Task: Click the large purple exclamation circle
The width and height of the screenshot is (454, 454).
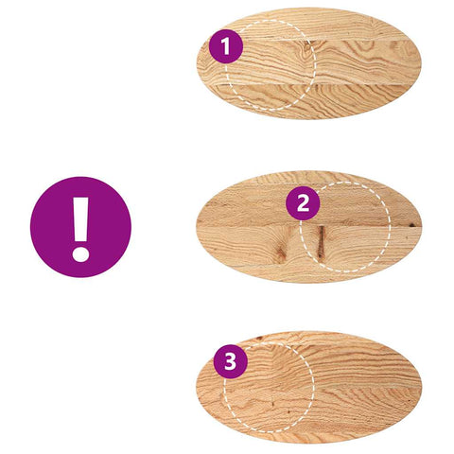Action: (80, 227)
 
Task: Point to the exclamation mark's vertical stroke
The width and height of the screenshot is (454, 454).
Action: (80, 219)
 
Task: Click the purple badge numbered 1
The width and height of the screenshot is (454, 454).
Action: (226, 46)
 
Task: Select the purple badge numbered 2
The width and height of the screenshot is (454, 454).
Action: (303, 203)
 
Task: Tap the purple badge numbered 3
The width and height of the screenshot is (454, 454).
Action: (231, 361)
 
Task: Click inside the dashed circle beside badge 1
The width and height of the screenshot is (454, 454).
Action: (271, 65)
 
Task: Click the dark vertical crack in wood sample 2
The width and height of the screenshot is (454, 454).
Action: (322, 242)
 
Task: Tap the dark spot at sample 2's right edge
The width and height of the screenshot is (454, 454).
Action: (411, 225)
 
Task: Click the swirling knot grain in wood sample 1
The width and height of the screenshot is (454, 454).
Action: (306, 49)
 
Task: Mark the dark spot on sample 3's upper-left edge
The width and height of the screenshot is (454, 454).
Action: (259, 339)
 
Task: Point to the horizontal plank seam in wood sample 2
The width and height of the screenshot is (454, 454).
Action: (309, 226)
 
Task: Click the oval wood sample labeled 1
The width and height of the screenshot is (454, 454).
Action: (309, 63)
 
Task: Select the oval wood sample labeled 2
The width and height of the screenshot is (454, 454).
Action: (309, 227)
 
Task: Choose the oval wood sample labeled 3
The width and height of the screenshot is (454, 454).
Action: (309, 387)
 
